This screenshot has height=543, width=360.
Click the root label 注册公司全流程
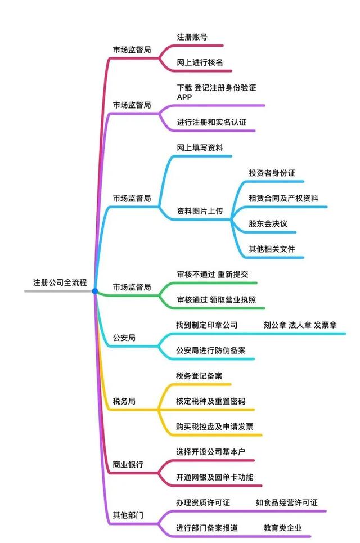point(60,282)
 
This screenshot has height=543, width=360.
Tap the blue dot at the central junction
point(95,291)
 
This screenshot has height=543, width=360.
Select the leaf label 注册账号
point(192,37)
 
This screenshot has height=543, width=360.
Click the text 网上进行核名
point(200,62)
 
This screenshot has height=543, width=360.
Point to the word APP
point(184,97)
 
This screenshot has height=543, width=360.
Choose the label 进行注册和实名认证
point(211,122)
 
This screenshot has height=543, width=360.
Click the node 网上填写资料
point(200,148)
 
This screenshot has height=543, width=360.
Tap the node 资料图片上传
point(200,211)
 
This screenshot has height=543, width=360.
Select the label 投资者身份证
point(272,173)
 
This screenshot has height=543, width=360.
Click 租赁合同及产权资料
point(283,199)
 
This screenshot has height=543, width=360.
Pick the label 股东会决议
point(268,224)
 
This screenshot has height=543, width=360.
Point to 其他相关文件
point(272,249)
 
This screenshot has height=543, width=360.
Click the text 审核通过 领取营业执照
point(217,299)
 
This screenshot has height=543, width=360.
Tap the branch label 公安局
point(124,338)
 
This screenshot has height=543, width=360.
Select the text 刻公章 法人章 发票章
point(300,325)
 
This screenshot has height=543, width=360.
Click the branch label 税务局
point(124,401)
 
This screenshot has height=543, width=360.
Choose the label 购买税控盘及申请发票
point(214,427)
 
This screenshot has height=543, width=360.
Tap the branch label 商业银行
point(128,464)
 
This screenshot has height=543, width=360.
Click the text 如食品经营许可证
point(287,502)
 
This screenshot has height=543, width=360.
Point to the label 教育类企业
point(283,528)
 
